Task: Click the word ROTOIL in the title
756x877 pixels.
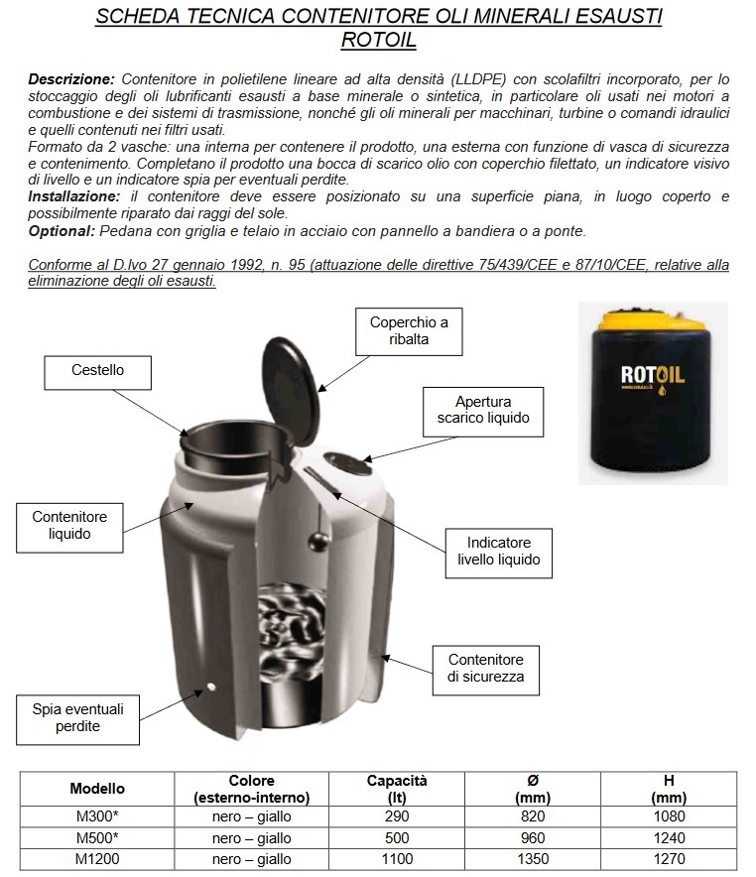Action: [378, 41]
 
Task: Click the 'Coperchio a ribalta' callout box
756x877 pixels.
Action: [409, 331]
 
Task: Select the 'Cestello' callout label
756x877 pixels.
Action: [97, 371]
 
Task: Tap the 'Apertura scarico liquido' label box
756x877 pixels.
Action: [483, 410]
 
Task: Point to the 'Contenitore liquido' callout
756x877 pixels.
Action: [69, 525]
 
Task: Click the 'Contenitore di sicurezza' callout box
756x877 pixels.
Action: [485, 667]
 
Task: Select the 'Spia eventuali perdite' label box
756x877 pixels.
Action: [78, 718]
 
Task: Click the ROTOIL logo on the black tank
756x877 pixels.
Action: [653, 374]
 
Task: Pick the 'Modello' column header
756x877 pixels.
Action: [97, 789]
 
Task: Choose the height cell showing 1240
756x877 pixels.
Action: [669, 838]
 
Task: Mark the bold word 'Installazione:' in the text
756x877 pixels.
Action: [72, 196]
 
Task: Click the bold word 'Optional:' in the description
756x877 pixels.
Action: [62, 231]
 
